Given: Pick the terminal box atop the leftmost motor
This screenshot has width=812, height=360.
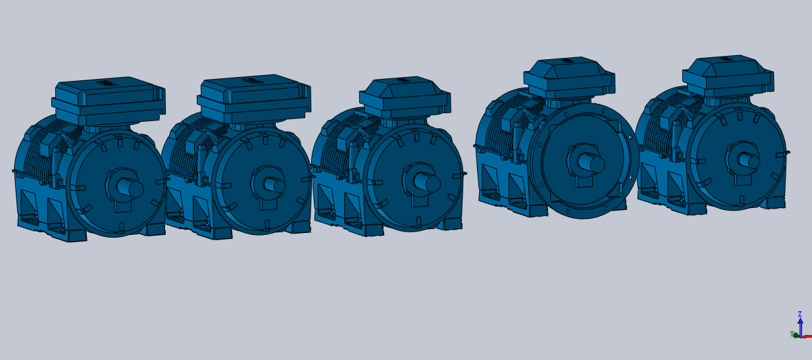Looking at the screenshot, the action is (109, 101).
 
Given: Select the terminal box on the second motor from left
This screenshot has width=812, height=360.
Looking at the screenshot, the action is (254, 99).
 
